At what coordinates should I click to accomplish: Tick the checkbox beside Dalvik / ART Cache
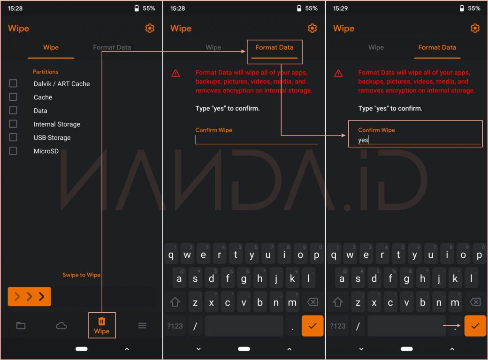click(x=13, y=83)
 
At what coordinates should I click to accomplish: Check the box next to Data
click(x=13, y=110)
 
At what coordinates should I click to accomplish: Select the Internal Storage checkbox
click(x=13, y=124)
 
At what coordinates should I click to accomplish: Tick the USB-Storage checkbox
click(x=13, y=137)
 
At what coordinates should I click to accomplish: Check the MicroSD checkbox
click(x=13, y=151)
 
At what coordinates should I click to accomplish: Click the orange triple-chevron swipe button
click(x=29, y=296)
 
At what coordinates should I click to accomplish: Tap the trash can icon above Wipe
click(x=102, y=321)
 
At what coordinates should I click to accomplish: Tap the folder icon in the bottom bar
click(x=21, y=325)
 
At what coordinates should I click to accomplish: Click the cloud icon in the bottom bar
click(x=61, y=325)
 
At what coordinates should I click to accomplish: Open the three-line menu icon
click(x=142, y=325)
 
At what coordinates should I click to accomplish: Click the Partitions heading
click(x=46, y=72)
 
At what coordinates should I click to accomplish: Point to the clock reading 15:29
click(x=340, y=8)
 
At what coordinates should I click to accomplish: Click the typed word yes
click(x=363, y=140)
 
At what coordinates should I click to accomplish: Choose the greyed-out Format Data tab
click(x=112, y=47)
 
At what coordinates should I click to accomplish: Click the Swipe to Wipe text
click(x=81, y=275)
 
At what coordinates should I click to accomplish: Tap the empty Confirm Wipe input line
click(x=257, y=140)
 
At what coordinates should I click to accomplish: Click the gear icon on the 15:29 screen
click(x=475, y=28)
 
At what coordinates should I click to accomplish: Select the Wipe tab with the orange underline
click(x=51, y=47)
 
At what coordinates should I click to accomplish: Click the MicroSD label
click(x=46, y=151)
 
